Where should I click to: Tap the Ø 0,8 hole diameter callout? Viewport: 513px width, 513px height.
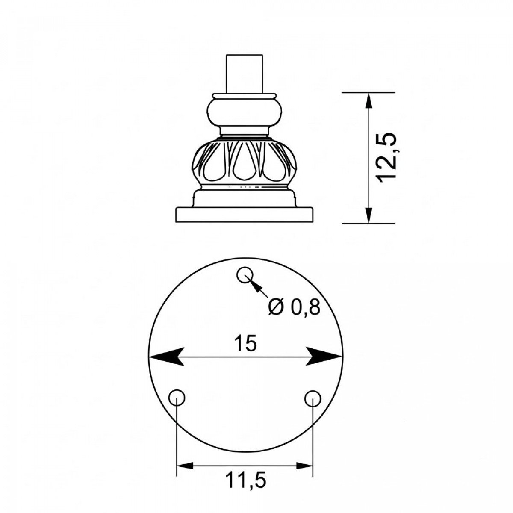click(294, 307)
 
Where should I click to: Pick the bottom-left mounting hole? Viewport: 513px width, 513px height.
click(177, 398)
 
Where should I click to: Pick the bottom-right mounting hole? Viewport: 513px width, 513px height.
click(313, 398)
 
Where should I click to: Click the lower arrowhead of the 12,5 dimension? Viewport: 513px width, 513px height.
click(369, 214)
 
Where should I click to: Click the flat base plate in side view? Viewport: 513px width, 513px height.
click(244, 215)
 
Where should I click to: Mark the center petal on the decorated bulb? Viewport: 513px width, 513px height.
click(244, 165)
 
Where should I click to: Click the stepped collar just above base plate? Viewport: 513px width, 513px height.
click(244, 199)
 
